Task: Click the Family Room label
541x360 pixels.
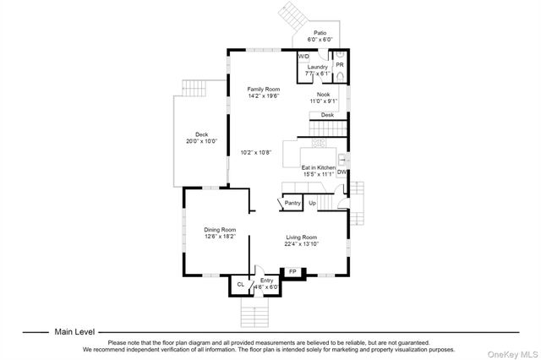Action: tap(264, 90)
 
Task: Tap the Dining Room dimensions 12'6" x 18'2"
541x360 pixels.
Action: tap(220, 237)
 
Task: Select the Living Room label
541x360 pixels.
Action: tap(302, 237)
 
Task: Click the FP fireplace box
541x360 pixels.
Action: tap(292, 273)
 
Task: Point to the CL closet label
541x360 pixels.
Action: tap(240, 285)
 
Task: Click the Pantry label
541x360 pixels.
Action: tap(292, 203)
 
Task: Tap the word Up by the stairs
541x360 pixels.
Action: tap(312, 203)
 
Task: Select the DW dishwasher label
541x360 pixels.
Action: tap(342, 172)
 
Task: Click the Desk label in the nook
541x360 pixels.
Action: tap(327, 115)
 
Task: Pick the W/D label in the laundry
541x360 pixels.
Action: tap(303, 57)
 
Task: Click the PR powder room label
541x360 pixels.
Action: tap(340, 65)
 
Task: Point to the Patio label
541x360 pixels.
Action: tap(320, 33)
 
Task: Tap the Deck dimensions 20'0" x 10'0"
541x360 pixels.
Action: tap(202, 141)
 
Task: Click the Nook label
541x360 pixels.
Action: tap(324, 95)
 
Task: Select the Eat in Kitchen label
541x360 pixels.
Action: tap(319, 167)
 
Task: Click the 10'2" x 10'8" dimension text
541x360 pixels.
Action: tap(256, 152)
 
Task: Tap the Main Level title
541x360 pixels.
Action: tap(74, 332)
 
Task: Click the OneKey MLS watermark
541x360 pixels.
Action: tap(513, 354)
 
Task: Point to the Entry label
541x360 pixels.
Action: tap(267, 281)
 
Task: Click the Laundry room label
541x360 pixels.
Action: tap(318, 67)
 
